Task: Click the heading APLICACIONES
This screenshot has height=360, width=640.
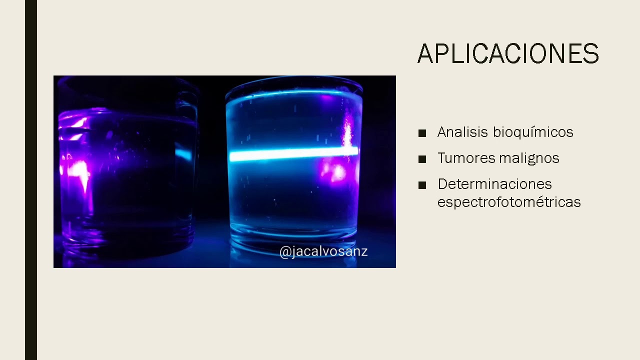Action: (508, 54)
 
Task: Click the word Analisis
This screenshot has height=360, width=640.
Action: (462, 132)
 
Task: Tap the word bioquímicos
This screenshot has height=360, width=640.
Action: (533, 132)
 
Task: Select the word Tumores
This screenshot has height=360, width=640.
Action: (465, 158)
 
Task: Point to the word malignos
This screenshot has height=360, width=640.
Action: (528, 158)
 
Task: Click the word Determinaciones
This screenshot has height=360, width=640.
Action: (494, 184)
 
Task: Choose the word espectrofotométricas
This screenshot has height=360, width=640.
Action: (509, 202)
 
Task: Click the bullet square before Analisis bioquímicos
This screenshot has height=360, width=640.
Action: (422, 133)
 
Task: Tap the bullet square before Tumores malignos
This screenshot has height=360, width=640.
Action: (422, 159)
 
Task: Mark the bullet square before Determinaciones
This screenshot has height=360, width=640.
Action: (422, 185)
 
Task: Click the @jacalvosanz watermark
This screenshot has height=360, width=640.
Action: (323, 251)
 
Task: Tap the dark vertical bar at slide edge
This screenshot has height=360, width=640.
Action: (31, 180)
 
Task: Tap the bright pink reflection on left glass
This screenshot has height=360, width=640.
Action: (77, 170)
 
